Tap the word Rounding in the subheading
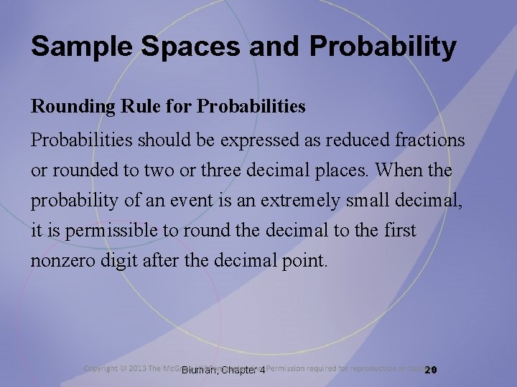[68, 107]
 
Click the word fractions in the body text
[430, 141]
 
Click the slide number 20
[431, 370]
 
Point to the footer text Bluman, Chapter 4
[223, 371]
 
